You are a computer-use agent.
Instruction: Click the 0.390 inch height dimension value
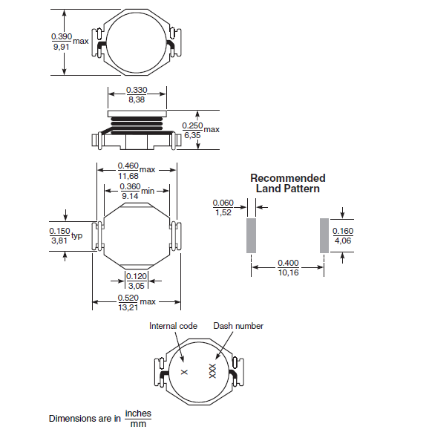[61, 36]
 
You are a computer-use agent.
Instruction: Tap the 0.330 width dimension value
[137, 89]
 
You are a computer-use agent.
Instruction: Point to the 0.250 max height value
[192, 125]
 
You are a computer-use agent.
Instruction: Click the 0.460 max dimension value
[128, 166]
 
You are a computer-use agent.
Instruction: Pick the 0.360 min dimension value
[130, 186]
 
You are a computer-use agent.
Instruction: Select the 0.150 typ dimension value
[60, 231]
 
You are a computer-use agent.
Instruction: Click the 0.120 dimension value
[137, 275]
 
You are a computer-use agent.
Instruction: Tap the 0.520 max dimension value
[128, 297]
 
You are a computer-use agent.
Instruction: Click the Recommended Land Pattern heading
[287, 183]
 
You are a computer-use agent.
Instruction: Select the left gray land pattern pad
[251, 235]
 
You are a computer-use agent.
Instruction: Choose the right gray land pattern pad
[324, 235]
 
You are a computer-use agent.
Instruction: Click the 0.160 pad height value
[343, 231]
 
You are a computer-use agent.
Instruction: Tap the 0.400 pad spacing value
[288, 263]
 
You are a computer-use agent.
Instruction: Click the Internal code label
[174, 326]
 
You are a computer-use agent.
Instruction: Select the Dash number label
[238, 326]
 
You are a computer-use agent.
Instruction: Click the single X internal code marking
[185, 371]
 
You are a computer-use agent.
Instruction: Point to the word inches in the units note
[138, 413]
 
